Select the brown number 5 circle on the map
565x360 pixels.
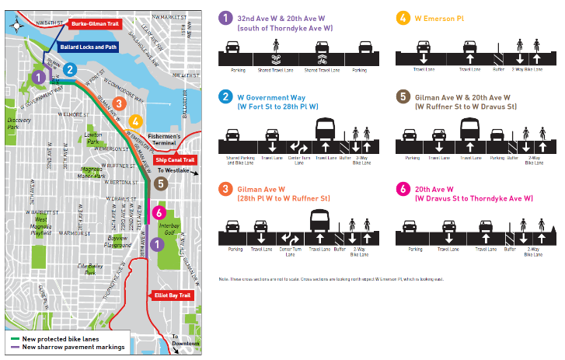coord(160,183)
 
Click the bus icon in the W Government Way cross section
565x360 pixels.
coord(325,129)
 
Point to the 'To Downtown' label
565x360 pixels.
coord(183,339)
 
